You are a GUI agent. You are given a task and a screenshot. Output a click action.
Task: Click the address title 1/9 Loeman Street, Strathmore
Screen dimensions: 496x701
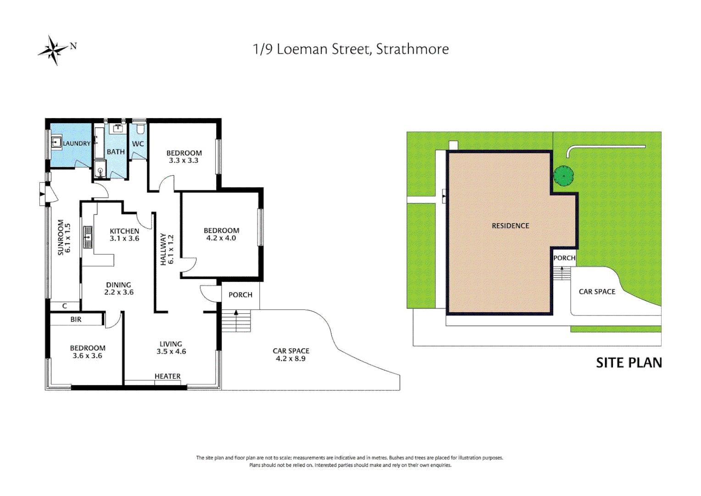pos(350,49)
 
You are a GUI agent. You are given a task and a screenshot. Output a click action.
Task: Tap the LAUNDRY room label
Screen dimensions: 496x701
pos(77,143)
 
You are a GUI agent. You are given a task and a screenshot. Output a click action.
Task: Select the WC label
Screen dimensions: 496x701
pos(138,144)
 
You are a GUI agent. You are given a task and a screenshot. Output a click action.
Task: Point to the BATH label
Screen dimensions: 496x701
pos(116,152)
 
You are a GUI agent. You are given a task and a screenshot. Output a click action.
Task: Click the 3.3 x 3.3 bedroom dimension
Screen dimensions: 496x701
pos(184,160)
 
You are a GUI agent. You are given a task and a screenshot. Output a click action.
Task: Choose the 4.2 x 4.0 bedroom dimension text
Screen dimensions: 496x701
pos(221,238)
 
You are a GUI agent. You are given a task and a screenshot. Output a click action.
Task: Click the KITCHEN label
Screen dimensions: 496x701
pos(124,231)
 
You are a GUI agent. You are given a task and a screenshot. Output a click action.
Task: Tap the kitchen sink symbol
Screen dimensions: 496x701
pos(87,237)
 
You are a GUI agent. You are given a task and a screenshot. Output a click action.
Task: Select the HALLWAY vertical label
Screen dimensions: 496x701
pos(163,249)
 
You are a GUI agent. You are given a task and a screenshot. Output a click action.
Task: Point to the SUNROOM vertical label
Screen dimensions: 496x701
pos(61,237)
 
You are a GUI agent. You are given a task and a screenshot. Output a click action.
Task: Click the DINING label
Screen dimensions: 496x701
pos(118,285)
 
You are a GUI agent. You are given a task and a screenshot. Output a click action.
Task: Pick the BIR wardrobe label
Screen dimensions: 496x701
pos(76,319)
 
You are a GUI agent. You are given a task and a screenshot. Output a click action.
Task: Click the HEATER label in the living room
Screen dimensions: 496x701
pos(167,376)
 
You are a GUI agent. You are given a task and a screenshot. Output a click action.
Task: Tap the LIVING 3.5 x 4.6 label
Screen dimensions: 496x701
pos(171,348)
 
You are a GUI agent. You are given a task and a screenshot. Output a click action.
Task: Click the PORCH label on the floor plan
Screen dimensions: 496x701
pos(240,295)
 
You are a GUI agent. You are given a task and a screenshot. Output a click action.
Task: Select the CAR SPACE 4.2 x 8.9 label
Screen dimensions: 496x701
pos(291,355)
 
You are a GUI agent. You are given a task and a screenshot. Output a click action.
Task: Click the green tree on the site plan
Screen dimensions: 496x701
pos(563,175)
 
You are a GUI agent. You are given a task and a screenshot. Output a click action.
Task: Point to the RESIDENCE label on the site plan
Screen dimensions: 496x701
pos(510,225)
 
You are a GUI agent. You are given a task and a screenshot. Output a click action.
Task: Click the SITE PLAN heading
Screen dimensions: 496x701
pos(629,363)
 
